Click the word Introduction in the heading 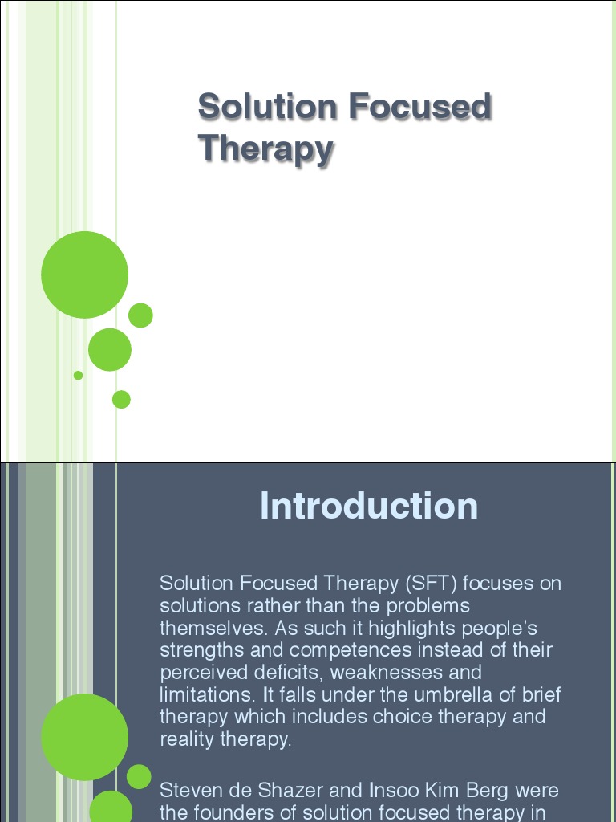369,507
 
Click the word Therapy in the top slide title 265,149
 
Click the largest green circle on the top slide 84,275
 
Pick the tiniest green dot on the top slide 78,375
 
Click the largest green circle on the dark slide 84,737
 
